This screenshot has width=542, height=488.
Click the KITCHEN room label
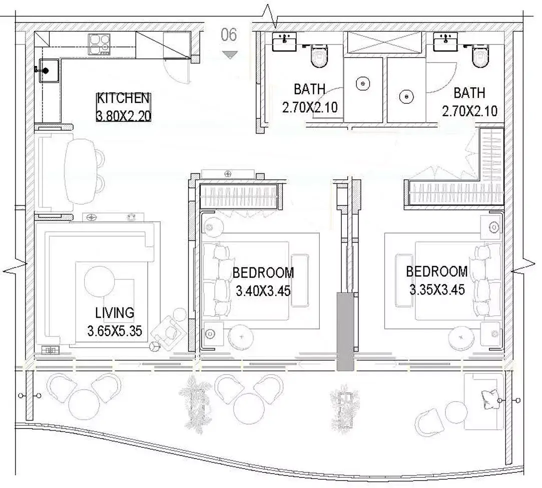coord(123,98)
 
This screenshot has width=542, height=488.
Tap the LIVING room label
coord(115,313)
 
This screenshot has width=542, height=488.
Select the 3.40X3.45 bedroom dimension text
coord(263,291)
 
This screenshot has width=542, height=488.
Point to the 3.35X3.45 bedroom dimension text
coord(437,289)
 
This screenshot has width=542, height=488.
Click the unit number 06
coord(229,35)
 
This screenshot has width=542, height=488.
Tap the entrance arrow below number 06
coord(230,54)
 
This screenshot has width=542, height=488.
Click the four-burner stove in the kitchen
coord(99,44)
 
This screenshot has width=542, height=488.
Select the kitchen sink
coord(49,71)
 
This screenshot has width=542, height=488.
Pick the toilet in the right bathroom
coord(480,56)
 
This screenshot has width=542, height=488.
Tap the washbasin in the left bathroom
coord(284,42)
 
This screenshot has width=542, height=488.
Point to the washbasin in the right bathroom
coord(445,42)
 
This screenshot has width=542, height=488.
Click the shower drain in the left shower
coord(363,83)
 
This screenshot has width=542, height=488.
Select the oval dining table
coord(80,171)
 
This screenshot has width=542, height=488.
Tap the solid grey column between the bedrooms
coord(345,331)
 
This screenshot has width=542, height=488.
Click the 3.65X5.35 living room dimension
coord(115,331)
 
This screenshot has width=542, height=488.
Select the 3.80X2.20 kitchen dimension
coord(124,115)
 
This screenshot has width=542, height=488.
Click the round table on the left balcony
coord(85,404)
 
